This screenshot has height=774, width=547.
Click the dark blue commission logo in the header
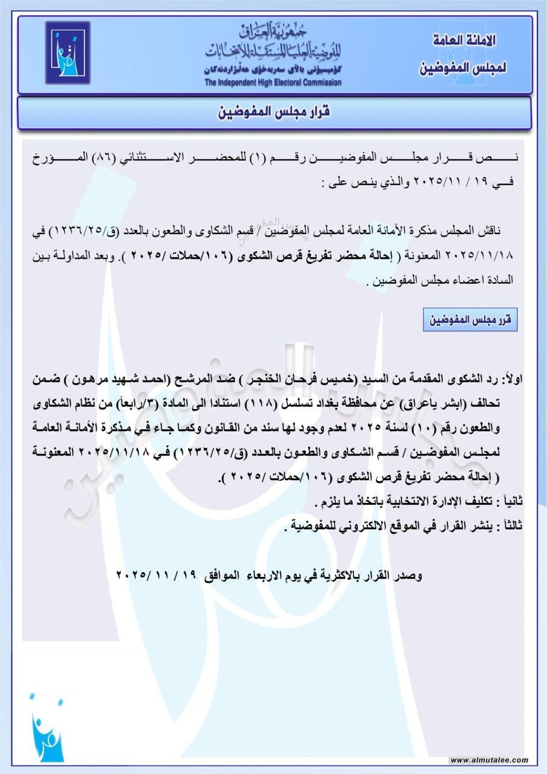coord(68,53)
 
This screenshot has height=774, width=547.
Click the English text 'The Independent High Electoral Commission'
coord(273,82)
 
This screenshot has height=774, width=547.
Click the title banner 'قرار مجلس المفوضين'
coord(273,112)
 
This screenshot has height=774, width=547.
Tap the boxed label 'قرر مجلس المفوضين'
coord(470,320)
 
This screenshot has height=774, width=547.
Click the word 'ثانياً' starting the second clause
coord(510,502)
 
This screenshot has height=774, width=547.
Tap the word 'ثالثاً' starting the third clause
coord(510,526)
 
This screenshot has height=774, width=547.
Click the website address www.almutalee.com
coord(490,760)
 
